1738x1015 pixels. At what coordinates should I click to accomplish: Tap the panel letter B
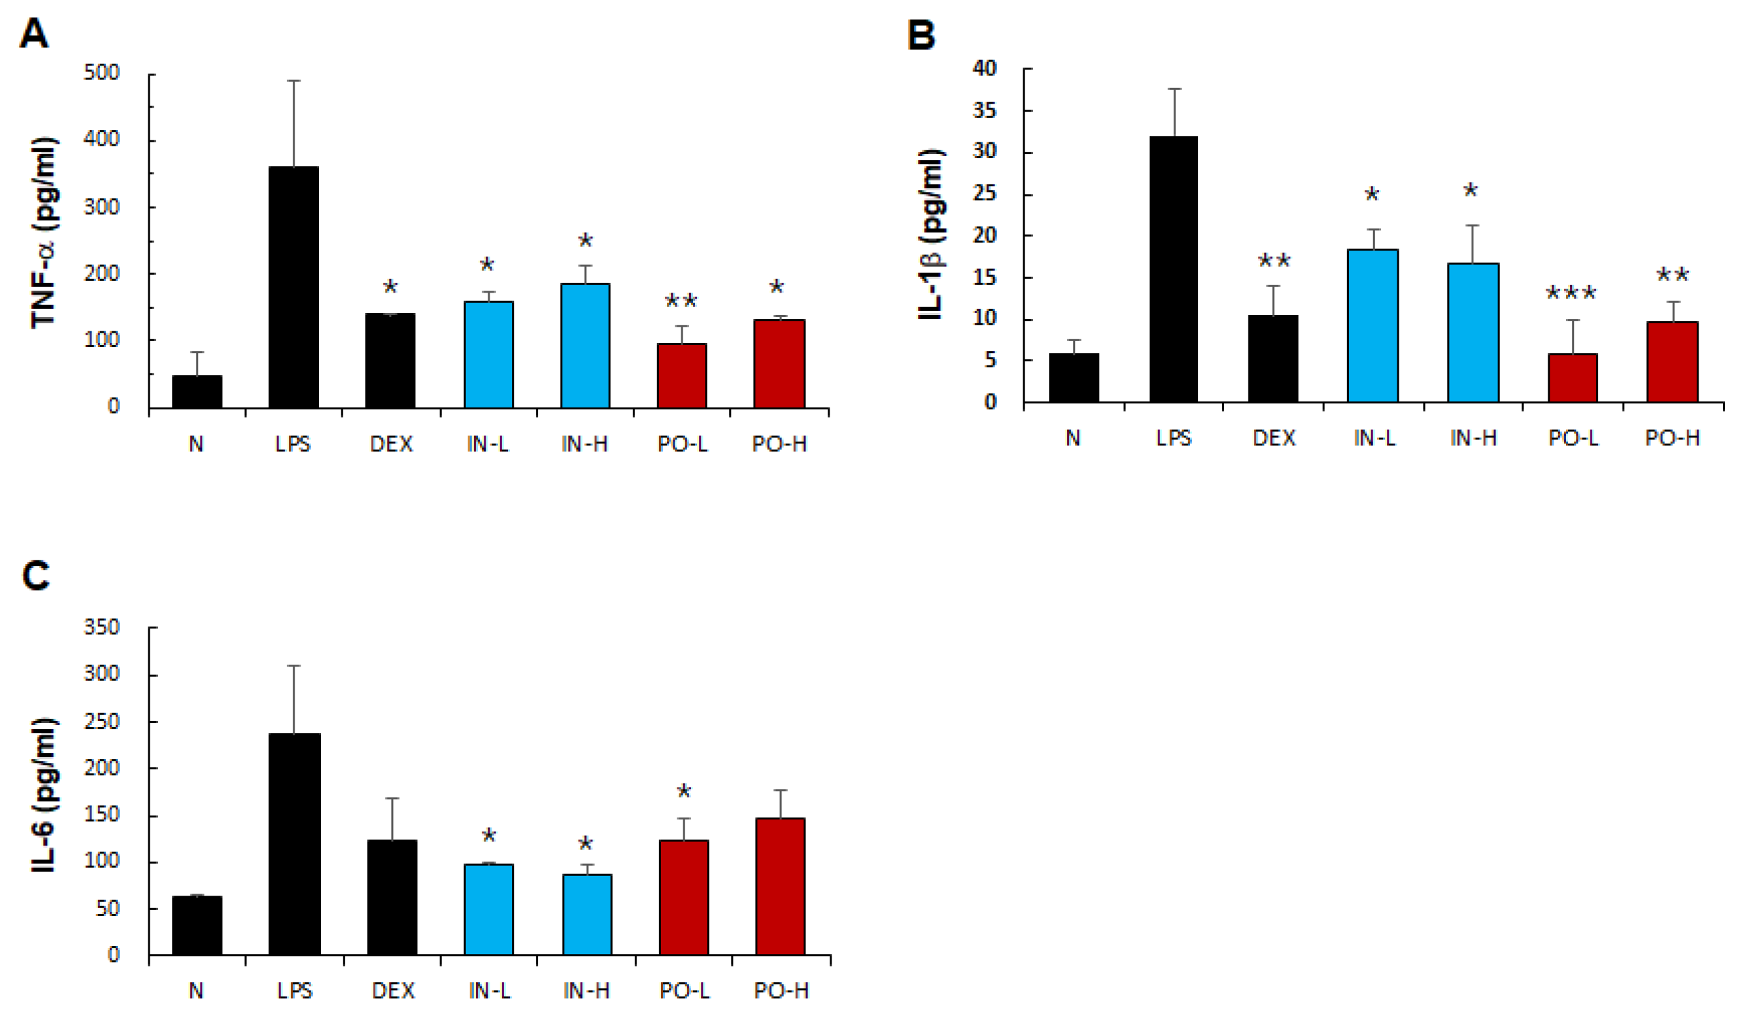tap(922, 35)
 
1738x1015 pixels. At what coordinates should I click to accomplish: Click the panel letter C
tap(36, 576)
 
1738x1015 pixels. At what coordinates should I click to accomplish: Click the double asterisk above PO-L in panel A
tap(681, 302)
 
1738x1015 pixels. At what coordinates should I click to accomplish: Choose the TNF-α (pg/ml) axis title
tap(45, 233)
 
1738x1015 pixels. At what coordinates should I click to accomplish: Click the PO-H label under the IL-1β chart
tap(1672, 438)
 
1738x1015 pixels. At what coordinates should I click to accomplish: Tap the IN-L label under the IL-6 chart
tap(489, 991)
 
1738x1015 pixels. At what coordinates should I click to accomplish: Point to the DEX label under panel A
tap(391, 444)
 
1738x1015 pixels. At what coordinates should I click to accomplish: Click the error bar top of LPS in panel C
tap(294, 666)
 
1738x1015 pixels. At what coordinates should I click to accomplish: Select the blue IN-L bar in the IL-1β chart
tap(1372, 325)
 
